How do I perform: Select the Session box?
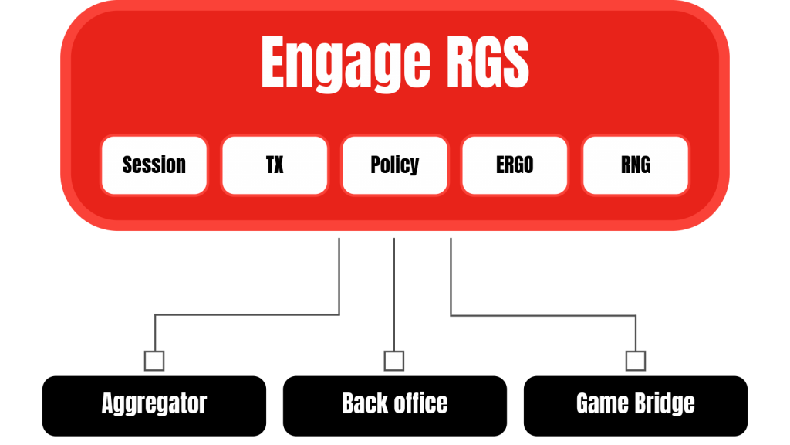pos(154,165)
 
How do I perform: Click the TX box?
pos(275,165)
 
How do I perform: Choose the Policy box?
pos(394,165)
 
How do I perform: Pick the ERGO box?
pos(515,165)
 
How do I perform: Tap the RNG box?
pos(635,165)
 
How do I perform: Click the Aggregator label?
pos(154,403)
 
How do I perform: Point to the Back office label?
pos(394,403)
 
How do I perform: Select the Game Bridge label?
pos(635,403)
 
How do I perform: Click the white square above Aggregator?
pos(154,361)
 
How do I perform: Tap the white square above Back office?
pos(394,361)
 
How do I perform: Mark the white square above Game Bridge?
pos(636,361)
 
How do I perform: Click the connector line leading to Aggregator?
pos(247,314)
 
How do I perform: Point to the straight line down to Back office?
pos(394,294)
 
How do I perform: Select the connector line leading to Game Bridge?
pos(540,315)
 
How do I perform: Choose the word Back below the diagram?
pos(366,403)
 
